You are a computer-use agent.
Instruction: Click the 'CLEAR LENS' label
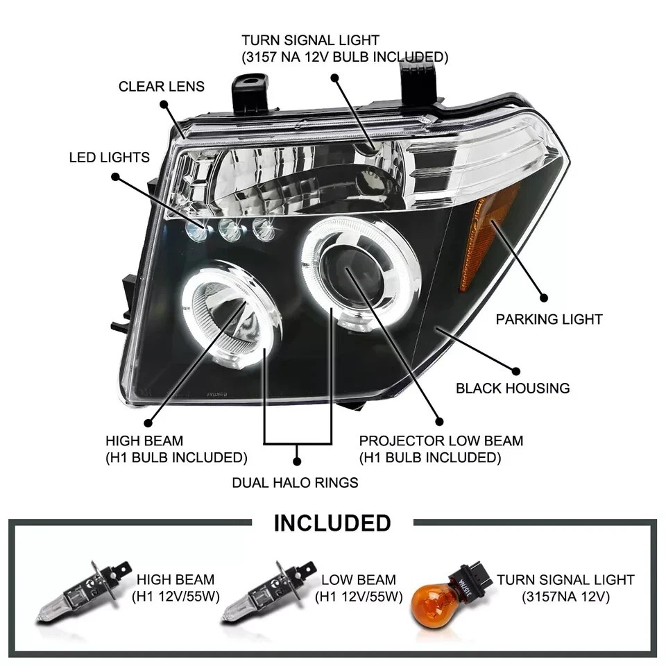click(x=161, y=87)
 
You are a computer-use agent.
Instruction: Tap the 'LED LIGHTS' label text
click(x=109, y=157)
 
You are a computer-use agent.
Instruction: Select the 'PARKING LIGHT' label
click(x=549, y=319)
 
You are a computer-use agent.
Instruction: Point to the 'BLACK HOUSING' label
click(x=513, y=388)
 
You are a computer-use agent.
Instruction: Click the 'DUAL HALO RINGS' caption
click(x=295, y=482)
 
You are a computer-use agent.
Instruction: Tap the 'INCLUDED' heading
click(x=332, y=522)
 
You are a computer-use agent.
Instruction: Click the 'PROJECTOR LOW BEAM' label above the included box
click(x=441, y=441)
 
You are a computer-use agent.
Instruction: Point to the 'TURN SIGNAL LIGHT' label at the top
click(x=310, y=41)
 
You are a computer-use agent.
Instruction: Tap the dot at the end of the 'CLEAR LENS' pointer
click(x=164, y=105)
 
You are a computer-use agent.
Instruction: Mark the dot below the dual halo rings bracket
click(x=297, y=460)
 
